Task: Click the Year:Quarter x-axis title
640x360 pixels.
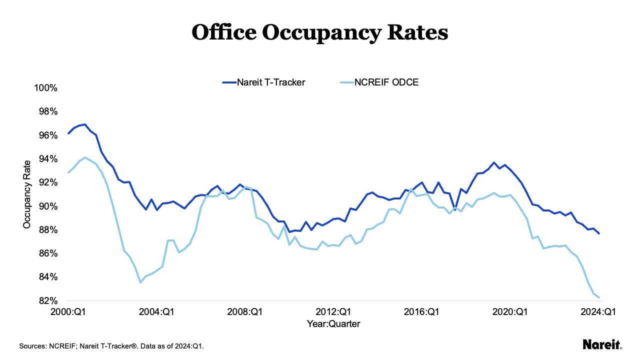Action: (x=333, y=324)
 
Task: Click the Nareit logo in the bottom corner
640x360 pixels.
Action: (x=602, y=344)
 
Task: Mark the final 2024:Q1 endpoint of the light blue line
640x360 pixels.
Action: (x=599, y=297)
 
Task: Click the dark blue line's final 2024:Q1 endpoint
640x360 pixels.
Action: (x=599, y=233)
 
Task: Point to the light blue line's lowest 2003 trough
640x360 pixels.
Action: (x=140, y=282)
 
